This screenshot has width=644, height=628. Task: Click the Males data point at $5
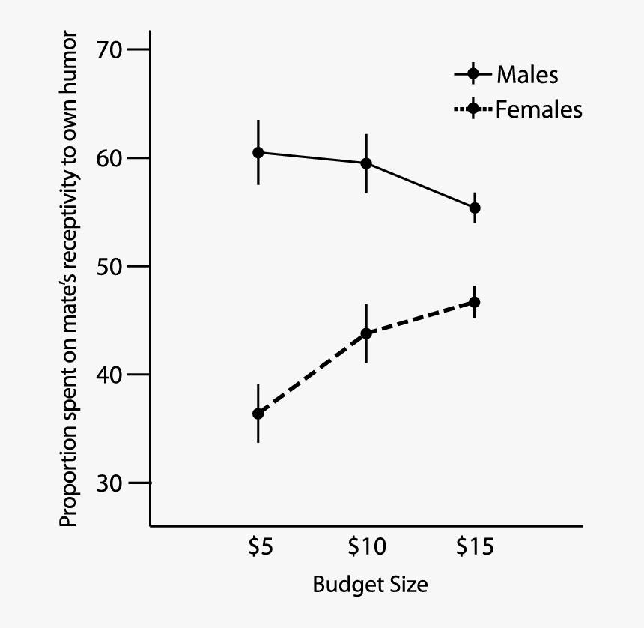click(258, 152)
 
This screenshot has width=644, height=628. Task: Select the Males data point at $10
click(366, 163)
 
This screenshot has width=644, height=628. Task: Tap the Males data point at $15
click(474, 208)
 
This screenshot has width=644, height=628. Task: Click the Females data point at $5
click(258, 414)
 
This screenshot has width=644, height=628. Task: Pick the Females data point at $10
click(366, 333)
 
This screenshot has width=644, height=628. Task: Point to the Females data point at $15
click(474, 302)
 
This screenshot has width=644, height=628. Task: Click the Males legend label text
click(527, 75)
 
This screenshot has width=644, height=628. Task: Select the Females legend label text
click(538, 110)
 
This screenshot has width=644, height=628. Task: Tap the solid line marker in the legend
click(473, 74)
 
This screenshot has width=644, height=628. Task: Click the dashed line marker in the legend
click(473, 109)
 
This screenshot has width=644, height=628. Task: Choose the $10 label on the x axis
click(367, 548)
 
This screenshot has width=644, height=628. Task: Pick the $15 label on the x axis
click(475, 548)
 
